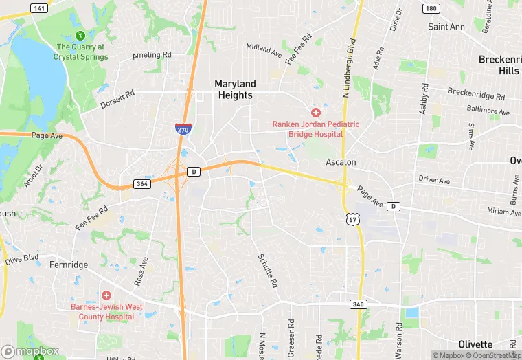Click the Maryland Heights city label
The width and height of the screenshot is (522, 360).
235,89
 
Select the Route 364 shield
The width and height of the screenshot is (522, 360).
141,184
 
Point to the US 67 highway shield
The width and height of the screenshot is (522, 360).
352,218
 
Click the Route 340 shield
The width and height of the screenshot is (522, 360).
356,304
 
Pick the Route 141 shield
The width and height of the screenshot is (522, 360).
40,8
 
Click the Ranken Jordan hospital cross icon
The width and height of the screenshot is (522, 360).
316,112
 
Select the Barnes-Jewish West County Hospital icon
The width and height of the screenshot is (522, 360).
106,295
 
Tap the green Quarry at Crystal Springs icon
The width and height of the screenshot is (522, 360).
80,35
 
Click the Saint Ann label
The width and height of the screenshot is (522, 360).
446,27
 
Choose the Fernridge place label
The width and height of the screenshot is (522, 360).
68,264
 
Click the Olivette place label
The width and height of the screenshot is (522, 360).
475,344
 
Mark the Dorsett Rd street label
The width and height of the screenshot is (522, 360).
117,100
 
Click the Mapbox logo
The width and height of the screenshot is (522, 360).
30,352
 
